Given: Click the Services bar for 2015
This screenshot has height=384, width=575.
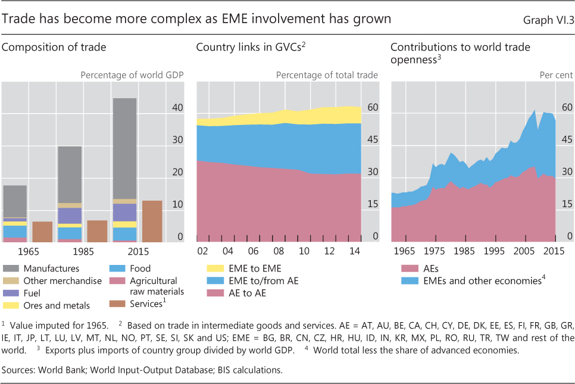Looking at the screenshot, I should pos(152,221).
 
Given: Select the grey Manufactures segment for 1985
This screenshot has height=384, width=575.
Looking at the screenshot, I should pos(70,174).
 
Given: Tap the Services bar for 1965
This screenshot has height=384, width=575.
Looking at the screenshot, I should pos(42,232).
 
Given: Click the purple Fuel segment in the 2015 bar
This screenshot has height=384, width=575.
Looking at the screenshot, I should pos(125,212).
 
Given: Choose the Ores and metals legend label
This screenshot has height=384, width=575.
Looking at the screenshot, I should pos(57,306).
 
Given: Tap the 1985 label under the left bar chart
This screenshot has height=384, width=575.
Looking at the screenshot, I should pos(70,251).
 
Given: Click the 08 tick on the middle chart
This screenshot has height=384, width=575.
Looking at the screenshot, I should pos(279,251).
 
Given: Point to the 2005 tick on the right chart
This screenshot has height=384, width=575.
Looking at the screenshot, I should pos(524,251).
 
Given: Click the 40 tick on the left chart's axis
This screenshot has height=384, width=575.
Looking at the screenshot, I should pos(177,108).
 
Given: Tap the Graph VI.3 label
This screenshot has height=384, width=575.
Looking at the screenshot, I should pos(548,20).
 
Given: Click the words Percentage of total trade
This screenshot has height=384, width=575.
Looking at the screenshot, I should pos(327,75).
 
